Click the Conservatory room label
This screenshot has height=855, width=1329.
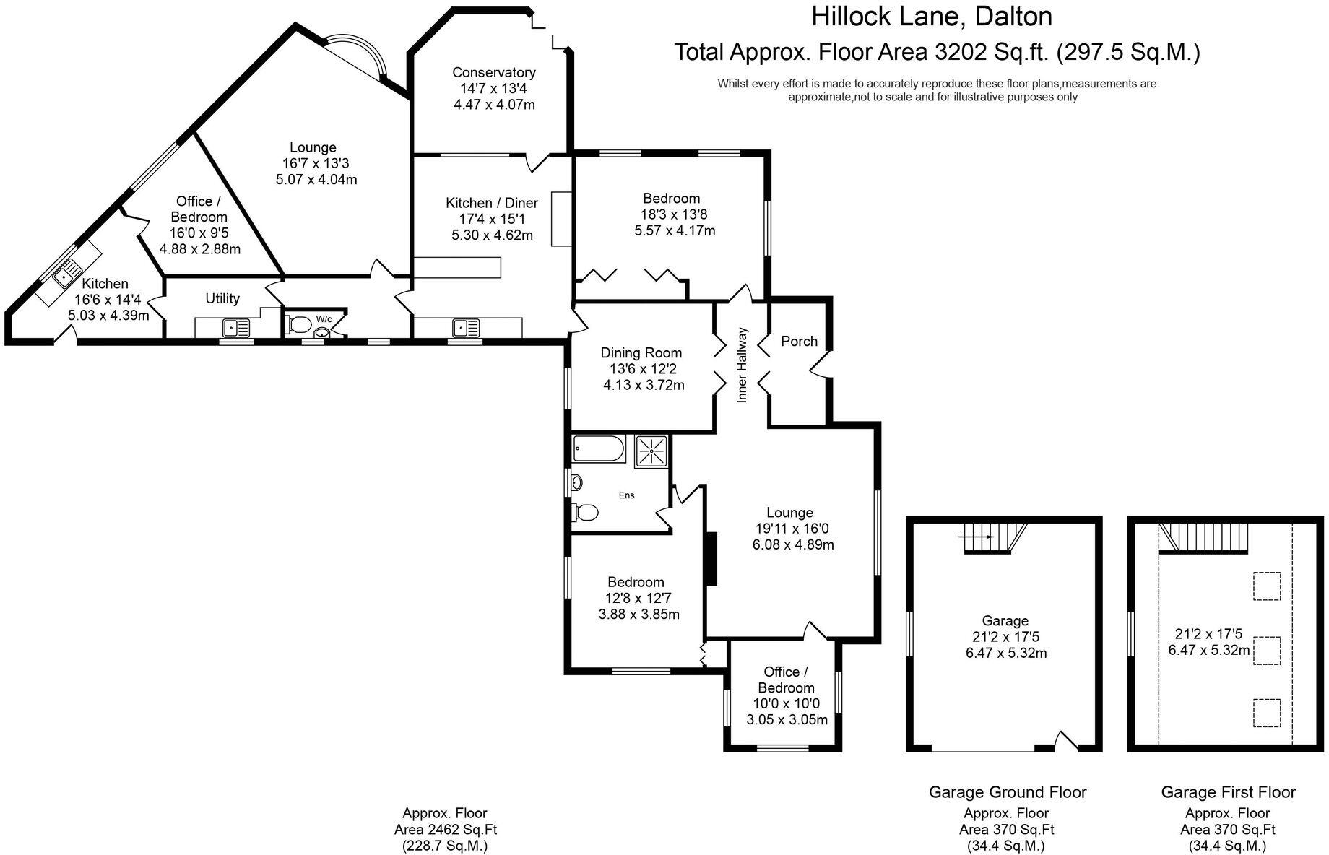pos(494,72)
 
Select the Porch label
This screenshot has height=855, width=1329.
pos(799,341)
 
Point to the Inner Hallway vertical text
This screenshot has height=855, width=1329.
pos(741,365)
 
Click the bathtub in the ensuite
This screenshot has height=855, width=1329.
pos(597,448)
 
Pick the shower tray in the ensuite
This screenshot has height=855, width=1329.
pos(651,451)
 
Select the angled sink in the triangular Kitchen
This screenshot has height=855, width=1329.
pos(68,273)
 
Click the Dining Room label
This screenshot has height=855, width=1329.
pos(641,352)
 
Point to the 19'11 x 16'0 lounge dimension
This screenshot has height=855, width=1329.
pos(790,529)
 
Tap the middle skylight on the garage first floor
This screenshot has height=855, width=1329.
pos(1265,650)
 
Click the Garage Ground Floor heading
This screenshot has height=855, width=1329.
pos(1007,792)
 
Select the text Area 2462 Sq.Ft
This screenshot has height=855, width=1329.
pos(445,830)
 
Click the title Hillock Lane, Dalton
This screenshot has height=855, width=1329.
pos(931,16)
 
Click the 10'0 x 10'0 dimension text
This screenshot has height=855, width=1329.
pos(786,703)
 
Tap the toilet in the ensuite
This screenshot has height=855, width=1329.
pos(586,513)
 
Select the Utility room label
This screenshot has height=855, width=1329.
pos(222,298)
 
